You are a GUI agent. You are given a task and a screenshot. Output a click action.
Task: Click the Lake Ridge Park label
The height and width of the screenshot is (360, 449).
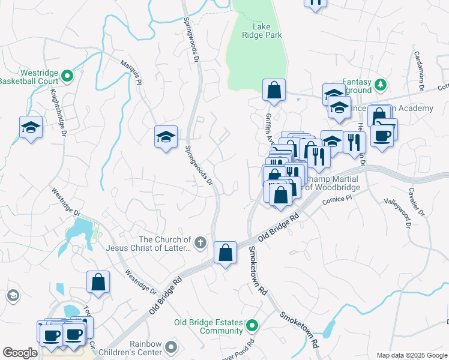coord(267,31)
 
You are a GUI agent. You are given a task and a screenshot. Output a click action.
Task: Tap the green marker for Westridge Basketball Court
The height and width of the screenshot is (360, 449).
coord(67,76)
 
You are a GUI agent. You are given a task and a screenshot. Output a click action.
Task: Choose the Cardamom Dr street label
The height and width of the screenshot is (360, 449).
coord(420,70)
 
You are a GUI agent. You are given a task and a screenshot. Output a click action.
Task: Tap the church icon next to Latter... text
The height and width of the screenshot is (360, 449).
coord(201,243)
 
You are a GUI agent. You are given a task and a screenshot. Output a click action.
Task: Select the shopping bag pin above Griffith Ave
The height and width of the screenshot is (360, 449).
coord(274,91)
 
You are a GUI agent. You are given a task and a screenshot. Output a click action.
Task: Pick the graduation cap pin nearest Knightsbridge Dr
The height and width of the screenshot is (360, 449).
coord(31,128)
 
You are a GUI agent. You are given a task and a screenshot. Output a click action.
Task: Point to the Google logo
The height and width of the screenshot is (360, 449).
coord(20,353)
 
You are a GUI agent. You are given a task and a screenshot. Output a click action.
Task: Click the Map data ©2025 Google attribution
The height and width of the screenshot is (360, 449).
coord(411,355)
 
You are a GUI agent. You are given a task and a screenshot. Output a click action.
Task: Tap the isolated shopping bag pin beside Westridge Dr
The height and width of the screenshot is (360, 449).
coord(98,282)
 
